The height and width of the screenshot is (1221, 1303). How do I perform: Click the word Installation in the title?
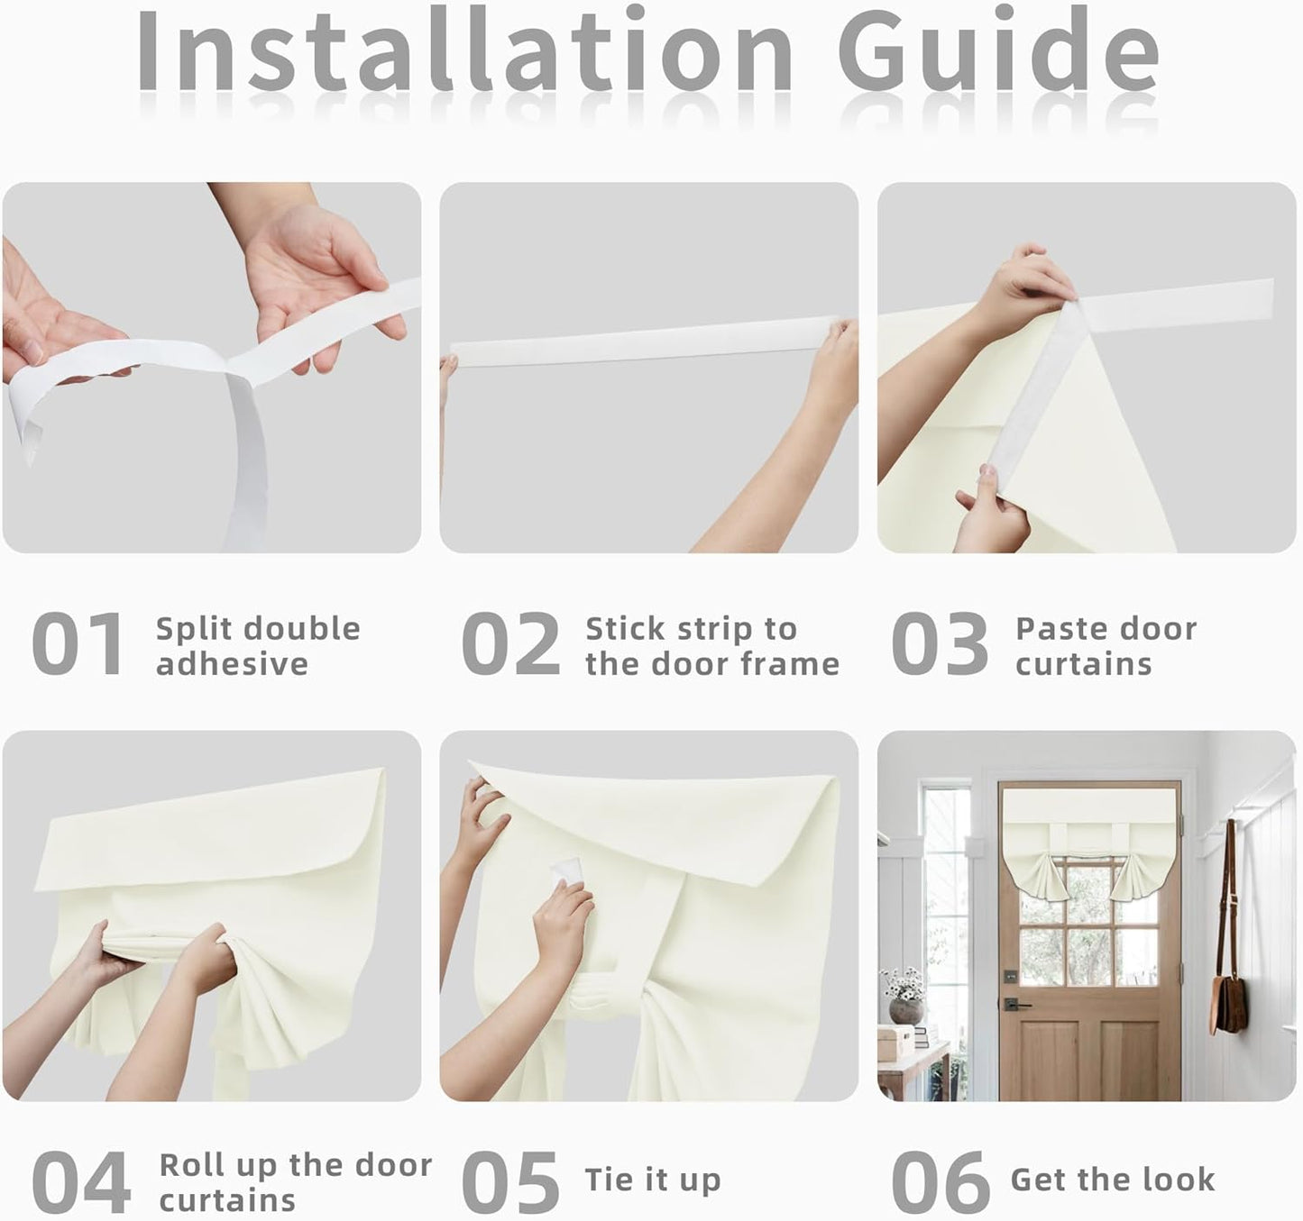click(465, 51)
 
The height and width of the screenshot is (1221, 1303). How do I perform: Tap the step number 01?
click(78, 643)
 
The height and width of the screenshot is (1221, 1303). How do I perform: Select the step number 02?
click(510, 643)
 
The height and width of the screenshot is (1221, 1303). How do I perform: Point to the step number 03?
click(940, 643)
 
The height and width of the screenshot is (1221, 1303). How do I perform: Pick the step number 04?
click(80, 1182)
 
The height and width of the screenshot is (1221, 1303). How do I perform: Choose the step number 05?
click(510, 1182)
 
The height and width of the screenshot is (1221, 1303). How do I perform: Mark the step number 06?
click(941, 1182)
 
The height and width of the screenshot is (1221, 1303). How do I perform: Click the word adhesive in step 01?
click(233, 663)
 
